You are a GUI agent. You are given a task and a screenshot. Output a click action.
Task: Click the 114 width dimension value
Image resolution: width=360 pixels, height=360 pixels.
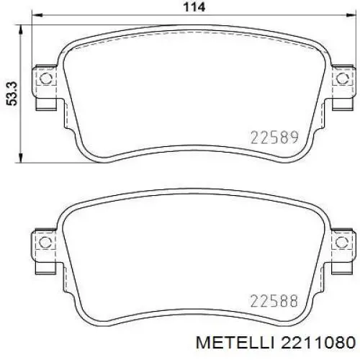coord(194,7)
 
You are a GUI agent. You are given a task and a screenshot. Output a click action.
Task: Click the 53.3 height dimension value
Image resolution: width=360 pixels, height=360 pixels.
coord(12,94)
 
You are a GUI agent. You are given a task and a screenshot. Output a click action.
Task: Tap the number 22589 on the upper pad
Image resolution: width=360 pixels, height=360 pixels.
coord(274,138)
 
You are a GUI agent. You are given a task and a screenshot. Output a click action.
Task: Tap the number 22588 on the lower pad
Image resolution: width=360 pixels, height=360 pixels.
coord(274,301)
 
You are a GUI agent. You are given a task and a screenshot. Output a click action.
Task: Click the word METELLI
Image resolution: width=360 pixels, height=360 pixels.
coord(235,343)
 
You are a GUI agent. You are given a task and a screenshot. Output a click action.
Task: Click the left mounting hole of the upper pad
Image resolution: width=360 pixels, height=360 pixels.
coord(45,78)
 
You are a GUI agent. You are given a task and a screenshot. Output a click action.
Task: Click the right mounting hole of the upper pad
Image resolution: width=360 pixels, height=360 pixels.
coord(343,78)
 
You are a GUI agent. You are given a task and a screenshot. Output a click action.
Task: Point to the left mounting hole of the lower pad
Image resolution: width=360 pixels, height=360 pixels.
coord(45,242)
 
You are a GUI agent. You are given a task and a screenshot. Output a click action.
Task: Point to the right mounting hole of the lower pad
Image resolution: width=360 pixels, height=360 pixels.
coord(342,242)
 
